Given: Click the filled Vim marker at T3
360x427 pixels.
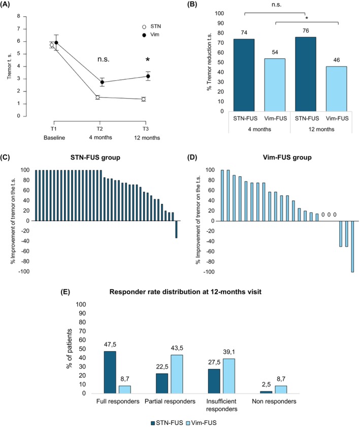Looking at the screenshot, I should tap(148, 76).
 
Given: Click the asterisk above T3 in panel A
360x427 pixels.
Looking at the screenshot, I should tap(147, 60).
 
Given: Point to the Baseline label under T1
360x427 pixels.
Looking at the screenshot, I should tap(54, 137).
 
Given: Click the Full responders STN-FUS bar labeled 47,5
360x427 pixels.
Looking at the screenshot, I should tap(110, 372).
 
